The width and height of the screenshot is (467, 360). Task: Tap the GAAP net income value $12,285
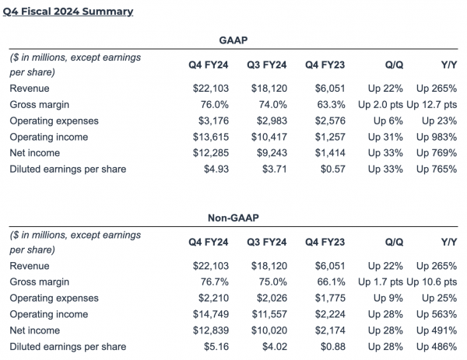[x=206, y=152]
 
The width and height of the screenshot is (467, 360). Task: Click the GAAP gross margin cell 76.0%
[x=212, y=105]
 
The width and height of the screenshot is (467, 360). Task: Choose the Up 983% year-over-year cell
[x=437, y=137]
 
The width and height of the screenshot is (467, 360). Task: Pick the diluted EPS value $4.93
[x=212, y=168]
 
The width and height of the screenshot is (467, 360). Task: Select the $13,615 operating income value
[x=206, y=137]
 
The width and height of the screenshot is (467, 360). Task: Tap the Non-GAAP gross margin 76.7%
[x=212, y=282]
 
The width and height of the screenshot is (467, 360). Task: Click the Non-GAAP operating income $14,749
[x=206, y=314]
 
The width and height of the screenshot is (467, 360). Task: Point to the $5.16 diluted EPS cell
[x=212, y=345]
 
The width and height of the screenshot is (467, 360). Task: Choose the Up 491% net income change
[x=437, y=330]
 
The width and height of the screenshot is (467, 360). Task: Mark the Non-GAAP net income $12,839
[x=206, y=330]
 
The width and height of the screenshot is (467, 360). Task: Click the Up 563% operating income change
[x=437, y=314]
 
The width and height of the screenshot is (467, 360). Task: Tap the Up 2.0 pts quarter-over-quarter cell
[x=379, y=105]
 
